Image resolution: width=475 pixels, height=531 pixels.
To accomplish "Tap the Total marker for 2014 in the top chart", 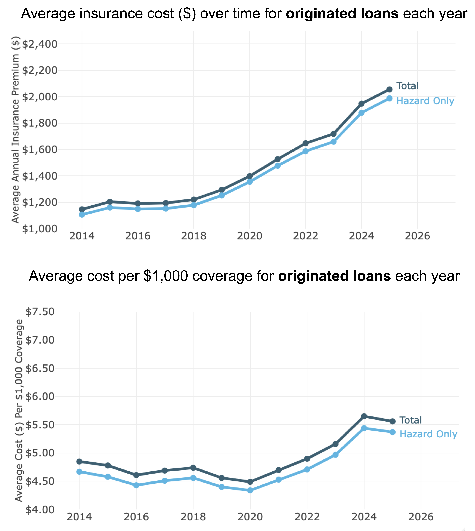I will (82, 209).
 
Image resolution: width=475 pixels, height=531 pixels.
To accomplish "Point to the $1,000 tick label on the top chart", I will (40, 229).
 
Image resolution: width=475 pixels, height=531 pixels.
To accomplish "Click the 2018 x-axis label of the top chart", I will (194, 236).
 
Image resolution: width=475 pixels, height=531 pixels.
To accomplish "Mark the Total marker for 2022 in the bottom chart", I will (307, 459).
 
